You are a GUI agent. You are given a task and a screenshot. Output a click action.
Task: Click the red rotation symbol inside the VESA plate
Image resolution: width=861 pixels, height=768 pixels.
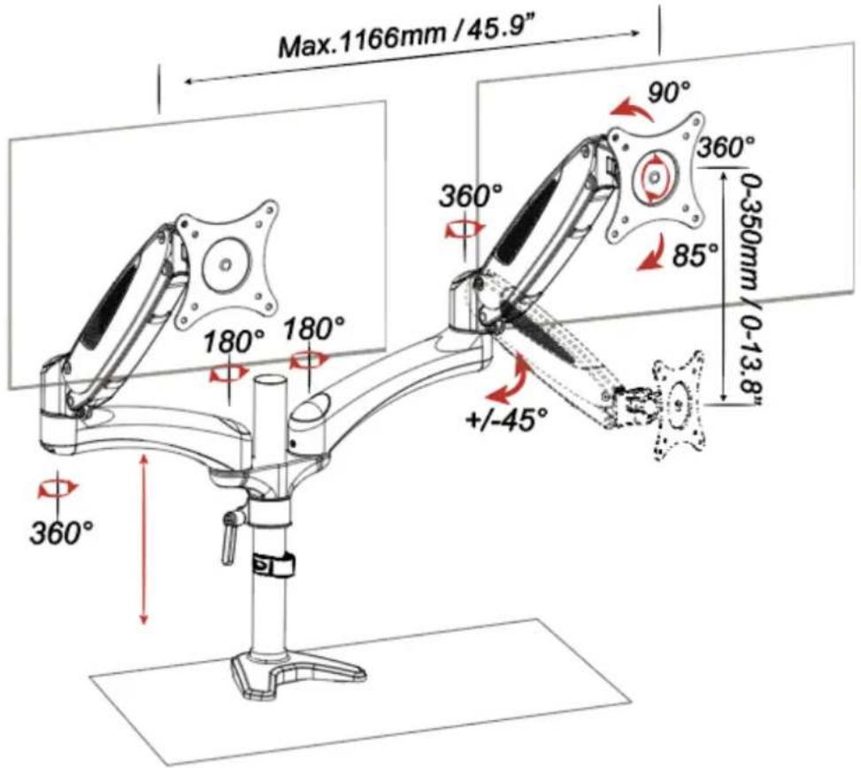653,176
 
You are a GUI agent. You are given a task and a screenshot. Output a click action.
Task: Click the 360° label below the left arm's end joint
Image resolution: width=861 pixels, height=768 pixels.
61,532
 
